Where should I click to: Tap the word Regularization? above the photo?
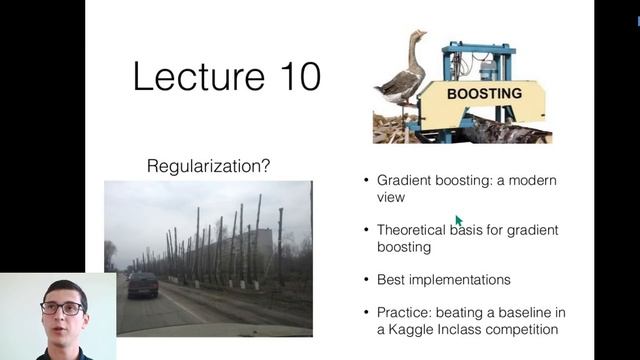click(208, 165)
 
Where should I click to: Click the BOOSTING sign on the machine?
click(483, 94)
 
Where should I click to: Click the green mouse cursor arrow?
click(459, 221)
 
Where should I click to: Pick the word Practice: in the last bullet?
click(405, 312)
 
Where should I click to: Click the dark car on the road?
click(143, 284)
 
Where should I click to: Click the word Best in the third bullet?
click(391, 280)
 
